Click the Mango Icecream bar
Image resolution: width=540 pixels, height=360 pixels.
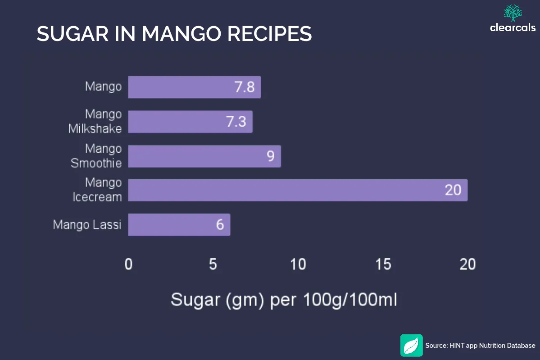(297, 190)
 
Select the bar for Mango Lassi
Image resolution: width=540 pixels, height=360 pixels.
(179, 224)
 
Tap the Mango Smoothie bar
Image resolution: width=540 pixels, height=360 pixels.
(204, 156)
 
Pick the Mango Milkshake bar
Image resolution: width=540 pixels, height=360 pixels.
(190, 122)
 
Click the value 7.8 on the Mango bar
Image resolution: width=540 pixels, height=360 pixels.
(245, 87)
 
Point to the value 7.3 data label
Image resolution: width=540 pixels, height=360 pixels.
(236, 122)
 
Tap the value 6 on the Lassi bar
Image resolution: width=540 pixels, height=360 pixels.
(220, 224)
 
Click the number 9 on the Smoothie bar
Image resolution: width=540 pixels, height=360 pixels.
(270, 156)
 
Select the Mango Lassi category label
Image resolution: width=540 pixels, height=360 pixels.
(87, 224)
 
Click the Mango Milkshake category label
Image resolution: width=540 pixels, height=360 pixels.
(95, 122)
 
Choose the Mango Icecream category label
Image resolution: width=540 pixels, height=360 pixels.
(97, 190)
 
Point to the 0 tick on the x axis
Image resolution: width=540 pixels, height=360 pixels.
(129, 264)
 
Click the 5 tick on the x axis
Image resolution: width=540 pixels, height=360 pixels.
(213, 264)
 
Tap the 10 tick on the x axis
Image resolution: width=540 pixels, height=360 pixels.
(298, 264)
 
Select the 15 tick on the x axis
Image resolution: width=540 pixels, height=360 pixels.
(383, 264)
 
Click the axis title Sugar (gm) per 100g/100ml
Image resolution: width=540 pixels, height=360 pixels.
(284, 300)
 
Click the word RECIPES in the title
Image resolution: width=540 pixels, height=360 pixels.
(270, 34)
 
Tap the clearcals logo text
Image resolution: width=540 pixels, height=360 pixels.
(513, 28)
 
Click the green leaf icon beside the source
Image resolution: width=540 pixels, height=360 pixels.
(411, 346)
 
